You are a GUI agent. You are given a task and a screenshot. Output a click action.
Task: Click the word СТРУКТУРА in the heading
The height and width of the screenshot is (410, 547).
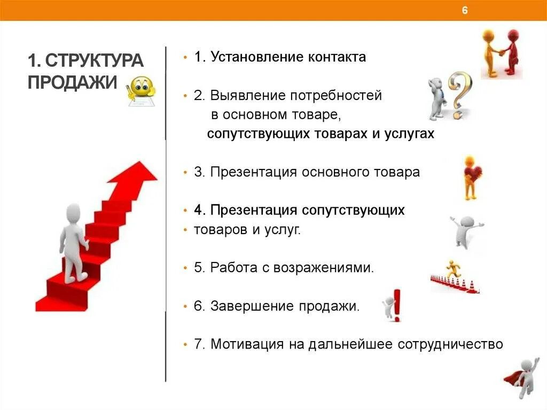(x=94, y=60)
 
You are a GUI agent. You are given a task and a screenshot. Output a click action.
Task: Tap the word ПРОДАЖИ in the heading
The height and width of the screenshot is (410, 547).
(x=72, y=83)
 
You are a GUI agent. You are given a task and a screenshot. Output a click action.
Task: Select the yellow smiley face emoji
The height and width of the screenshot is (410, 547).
(x=142, y=88)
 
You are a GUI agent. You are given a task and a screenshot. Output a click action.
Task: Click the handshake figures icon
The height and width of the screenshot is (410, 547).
(x=501, y=53)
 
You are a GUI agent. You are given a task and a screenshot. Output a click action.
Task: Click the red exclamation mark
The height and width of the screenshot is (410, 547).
(x=396, y=305)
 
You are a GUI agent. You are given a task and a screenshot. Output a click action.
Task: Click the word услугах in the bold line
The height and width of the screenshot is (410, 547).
(x=409, y=134)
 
